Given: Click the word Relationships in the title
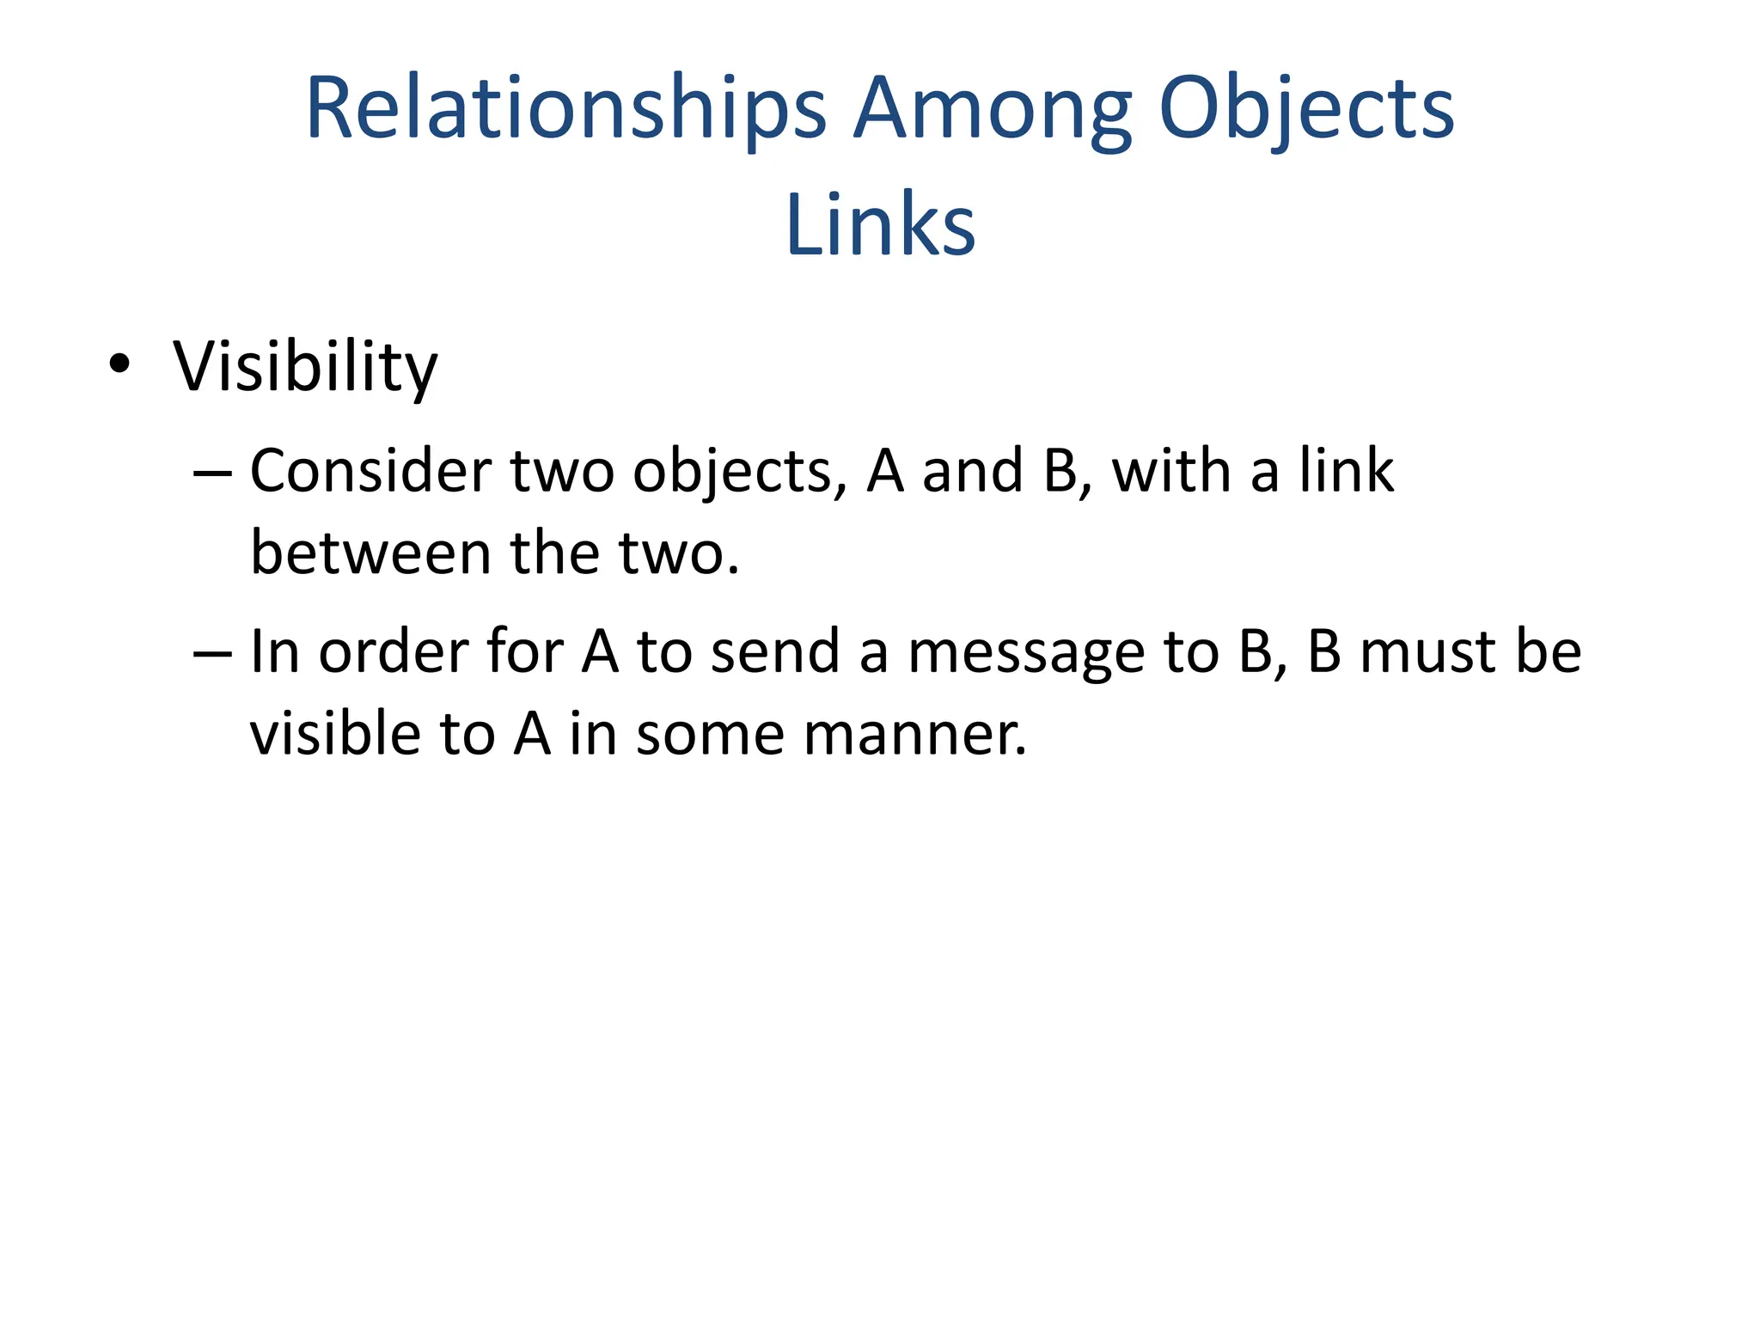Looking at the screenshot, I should [x=565, y=109].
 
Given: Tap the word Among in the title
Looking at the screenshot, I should [x=991, y=109].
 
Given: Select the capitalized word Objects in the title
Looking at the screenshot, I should [x=1305, y=109].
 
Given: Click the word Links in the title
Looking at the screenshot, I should [x=880, y=225].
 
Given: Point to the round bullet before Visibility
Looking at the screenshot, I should [x=119, y=364].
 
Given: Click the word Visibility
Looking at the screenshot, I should [x=305, y=367].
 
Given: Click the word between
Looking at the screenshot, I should [x=370, y=553].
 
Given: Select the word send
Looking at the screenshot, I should [x=775, y=651].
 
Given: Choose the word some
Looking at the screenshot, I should [x=710, y=735].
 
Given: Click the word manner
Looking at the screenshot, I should [x=914, y=735].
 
